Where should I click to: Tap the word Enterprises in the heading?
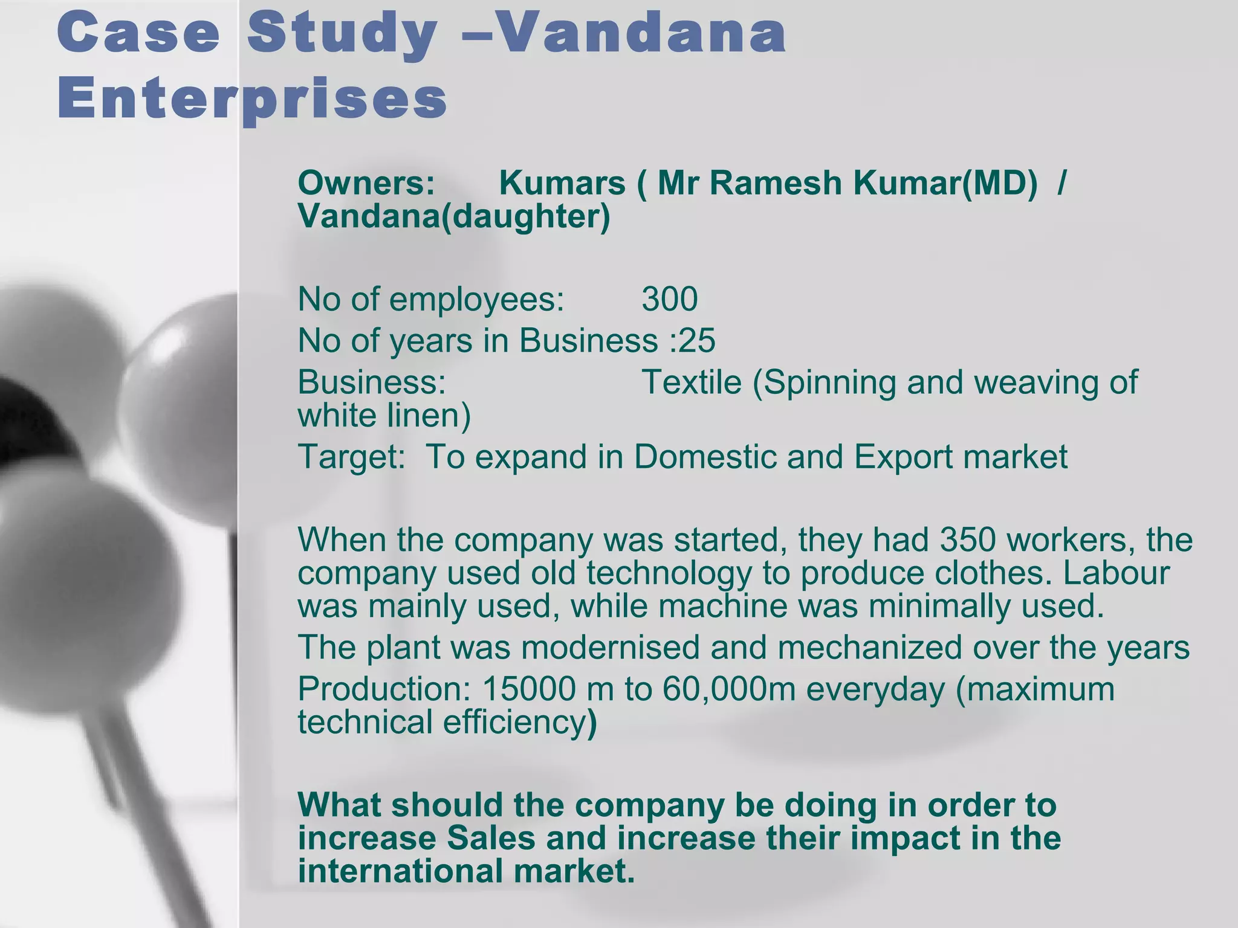pos(253,99)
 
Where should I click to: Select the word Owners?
pos(366,182)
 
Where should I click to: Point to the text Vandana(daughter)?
pos(454,216)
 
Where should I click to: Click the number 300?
pos(670,299)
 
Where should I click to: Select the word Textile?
pos(691,382)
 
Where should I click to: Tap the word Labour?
pos(1116,573)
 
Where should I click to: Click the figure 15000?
pos(530,689)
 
